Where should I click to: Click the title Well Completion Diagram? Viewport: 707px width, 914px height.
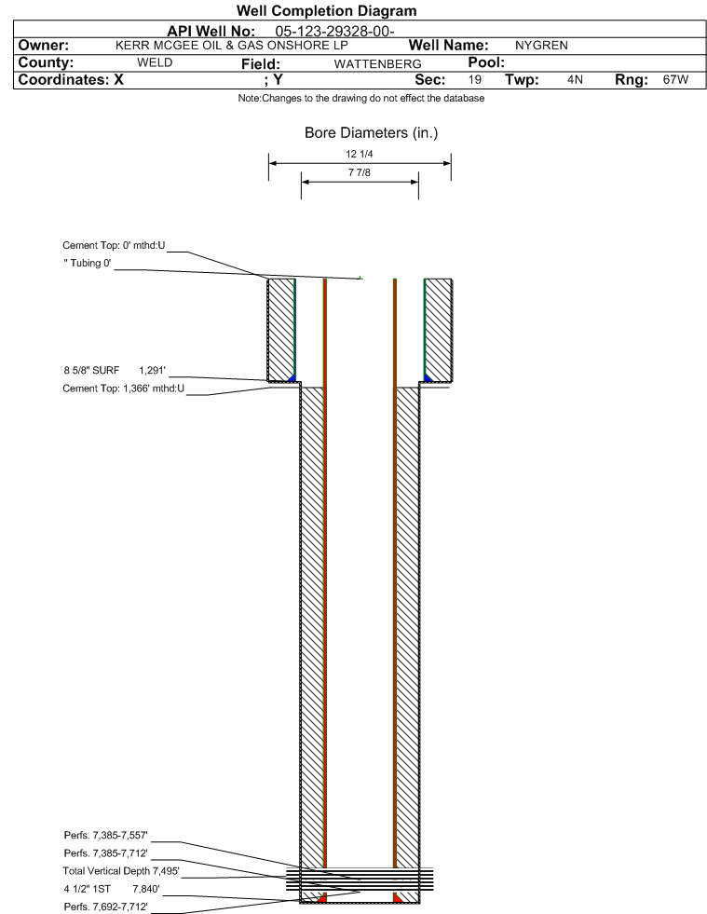326,10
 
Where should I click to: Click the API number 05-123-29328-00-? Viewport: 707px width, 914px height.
334,32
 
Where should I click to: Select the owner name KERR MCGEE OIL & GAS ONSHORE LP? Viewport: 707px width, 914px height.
231,46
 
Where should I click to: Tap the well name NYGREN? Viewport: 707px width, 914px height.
541,46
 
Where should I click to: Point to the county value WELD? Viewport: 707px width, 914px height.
155,62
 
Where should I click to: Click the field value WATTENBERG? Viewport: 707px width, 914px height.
377,64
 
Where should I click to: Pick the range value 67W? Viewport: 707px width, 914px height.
675,79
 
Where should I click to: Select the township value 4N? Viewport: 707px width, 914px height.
575,79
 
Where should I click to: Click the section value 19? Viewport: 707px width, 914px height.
474,79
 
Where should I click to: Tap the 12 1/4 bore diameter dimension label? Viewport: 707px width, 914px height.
359,154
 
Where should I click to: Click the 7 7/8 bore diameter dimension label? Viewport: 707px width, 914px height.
359,172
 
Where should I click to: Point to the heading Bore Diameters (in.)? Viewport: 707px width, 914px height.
371,133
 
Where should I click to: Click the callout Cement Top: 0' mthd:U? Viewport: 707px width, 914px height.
114,245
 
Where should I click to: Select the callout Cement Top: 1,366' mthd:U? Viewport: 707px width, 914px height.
123,389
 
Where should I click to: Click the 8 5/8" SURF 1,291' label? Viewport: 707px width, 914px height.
115,370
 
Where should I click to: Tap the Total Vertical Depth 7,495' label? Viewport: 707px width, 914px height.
121,871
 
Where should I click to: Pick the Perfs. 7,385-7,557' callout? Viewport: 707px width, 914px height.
105,836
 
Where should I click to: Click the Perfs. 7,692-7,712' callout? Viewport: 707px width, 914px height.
105,907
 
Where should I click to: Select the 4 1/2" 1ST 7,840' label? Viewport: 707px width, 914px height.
112,889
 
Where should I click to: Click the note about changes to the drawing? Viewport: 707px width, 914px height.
360,98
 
